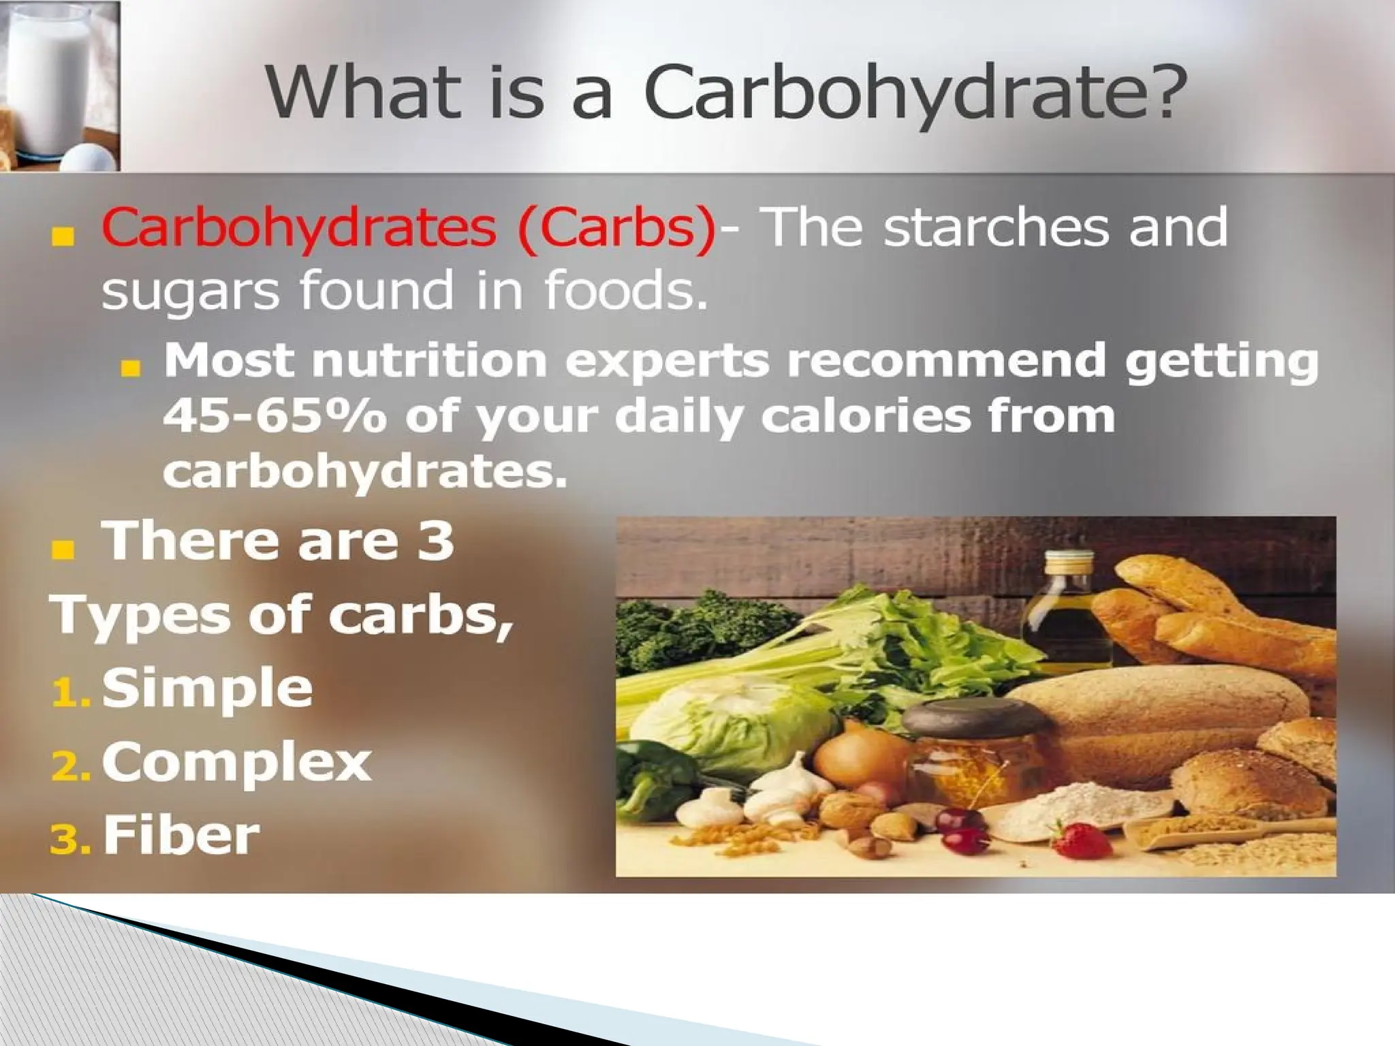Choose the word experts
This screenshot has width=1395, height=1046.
click(x=667, y=361)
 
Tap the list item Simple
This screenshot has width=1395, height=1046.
click(x=207, y=688)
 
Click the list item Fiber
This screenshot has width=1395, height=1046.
click(x=181, y=836)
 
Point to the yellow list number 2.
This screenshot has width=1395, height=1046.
click(x=68, y=767)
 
